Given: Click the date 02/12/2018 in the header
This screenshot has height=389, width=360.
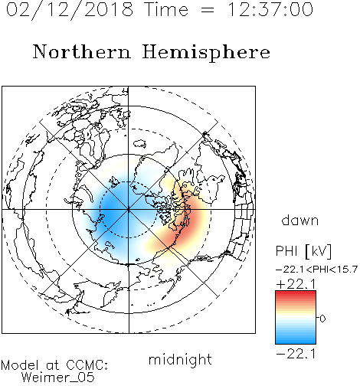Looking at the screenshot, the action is pos(70,10).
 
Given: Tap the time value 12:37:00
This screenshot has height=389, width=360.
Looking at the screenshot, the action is pos(270,9).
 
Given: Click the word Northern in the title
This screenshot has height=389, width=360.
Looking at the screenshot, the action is pos(82,52).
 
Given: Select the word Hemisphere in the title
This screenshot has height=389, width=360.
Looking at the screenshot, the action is pos(206,53).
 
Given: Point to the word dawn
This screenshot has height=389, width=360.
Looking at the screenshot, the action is pos(300,220).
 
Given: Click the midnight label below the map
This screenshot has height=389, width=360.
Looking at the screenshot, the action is pos(180,359).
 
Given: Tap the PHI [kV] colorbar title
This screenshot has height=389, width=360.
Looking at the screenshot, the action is pos(303,251).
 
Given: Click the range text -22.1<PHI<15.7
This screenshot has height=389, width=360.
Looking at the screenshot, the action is pos(316,270).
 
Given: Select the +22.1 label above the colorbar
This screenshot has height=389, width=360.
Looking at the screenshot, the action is pos(296,284).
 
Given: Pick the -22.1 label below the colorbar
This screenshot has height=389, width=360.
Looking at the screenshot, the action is pos(296,354).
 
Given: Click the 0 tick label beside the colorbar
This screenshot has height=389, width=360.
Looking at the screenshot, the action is pos(322,319).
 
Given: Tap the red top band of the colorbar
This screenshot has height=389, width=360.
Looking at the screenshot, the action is pos(296,294).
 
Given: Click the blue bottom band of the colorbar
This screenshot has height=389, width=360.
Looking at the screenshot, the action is pos(296,341).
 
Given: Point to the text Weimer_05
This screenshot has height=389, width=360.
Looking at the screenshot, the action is pos(57,378).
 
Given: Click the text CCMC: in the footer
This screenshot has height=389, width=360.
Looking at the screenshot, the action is pos(87,365).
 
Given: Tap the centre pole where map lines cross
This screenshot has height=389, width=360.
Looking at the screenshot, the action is pos(129,210).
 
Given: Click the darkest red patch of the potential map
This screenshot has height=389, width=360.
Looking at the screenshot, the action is pos(188,224).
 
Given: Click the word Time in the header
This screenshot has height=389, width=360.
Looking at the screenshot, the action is pos(166,10).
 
